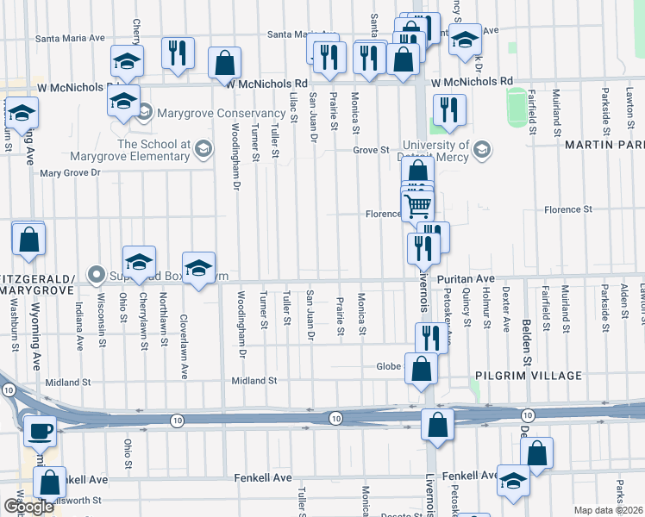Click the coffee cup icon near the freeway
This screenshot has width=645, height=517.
(40, 430)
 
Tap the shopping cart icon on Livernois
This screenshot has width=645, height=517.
(417, 205)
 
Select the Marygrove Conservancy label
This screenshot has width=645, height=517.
(199, 112)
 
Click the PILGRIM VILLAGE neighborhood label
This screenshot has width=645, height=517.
(528, 376)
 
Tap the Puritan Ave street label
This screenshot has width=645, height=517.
(465, 279)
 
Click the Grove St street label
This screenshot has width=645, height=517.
(371, 150)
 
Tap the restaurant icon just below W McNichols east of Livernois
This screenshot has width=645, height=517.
(449, 109)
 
